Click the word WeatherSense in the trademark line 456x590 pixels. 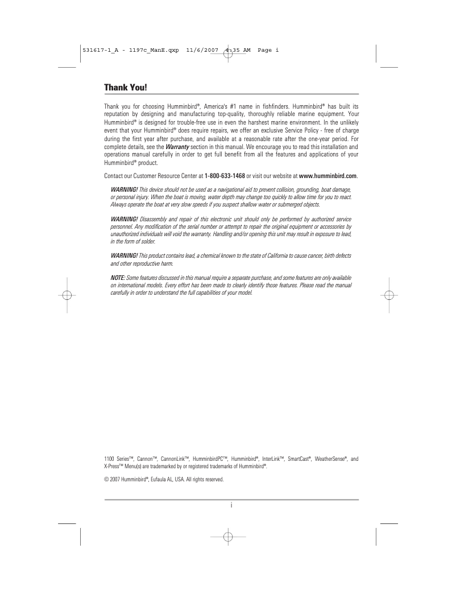coord(322,459)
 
